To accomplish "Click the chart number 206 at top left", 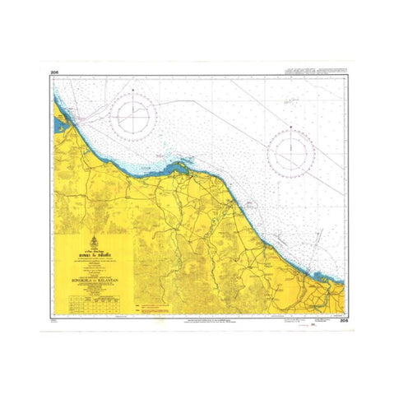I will (53, 73).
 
